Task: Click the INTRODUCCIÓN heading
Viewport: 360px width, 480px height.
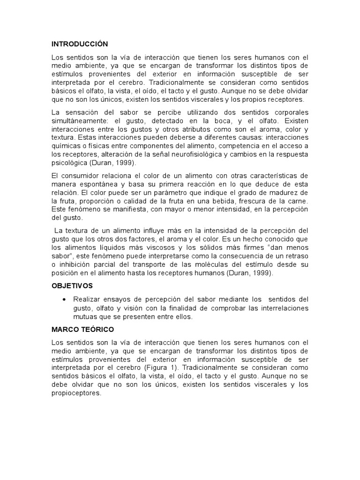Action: [x=80, y=44]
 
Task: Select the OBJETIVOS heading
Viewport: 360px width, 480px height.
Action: [x=72, y=285]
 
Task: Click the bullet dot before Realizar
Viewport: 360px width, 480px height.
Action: [x=64, y=299]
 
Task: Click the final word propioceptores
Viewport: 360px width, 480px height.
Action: [x=76, y=393]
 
